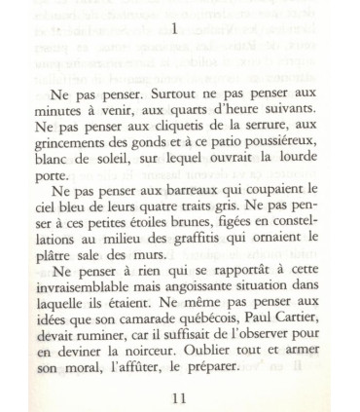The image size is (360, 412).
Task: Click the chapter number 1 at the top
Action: [174, 29]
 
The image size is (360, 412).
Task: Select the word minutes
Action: [60, 113]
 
